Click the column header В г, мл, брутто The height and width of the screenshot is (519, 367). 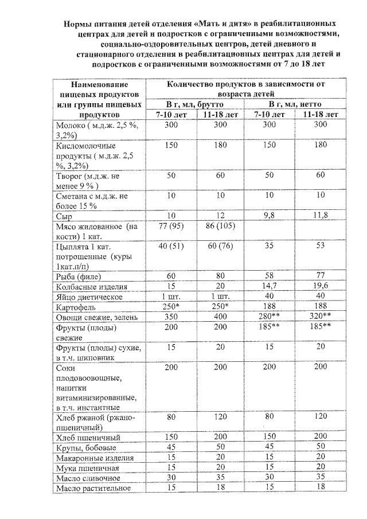(196, 104)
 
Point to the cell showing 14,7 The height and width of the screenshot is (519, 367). (271, 287)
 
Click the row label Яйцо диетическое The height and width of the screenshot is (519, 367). (85, 297)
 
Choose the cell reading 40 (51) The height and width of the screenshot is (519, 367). (170, 247)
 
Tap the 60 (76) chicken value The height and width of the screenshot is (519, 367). (221, 247)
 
